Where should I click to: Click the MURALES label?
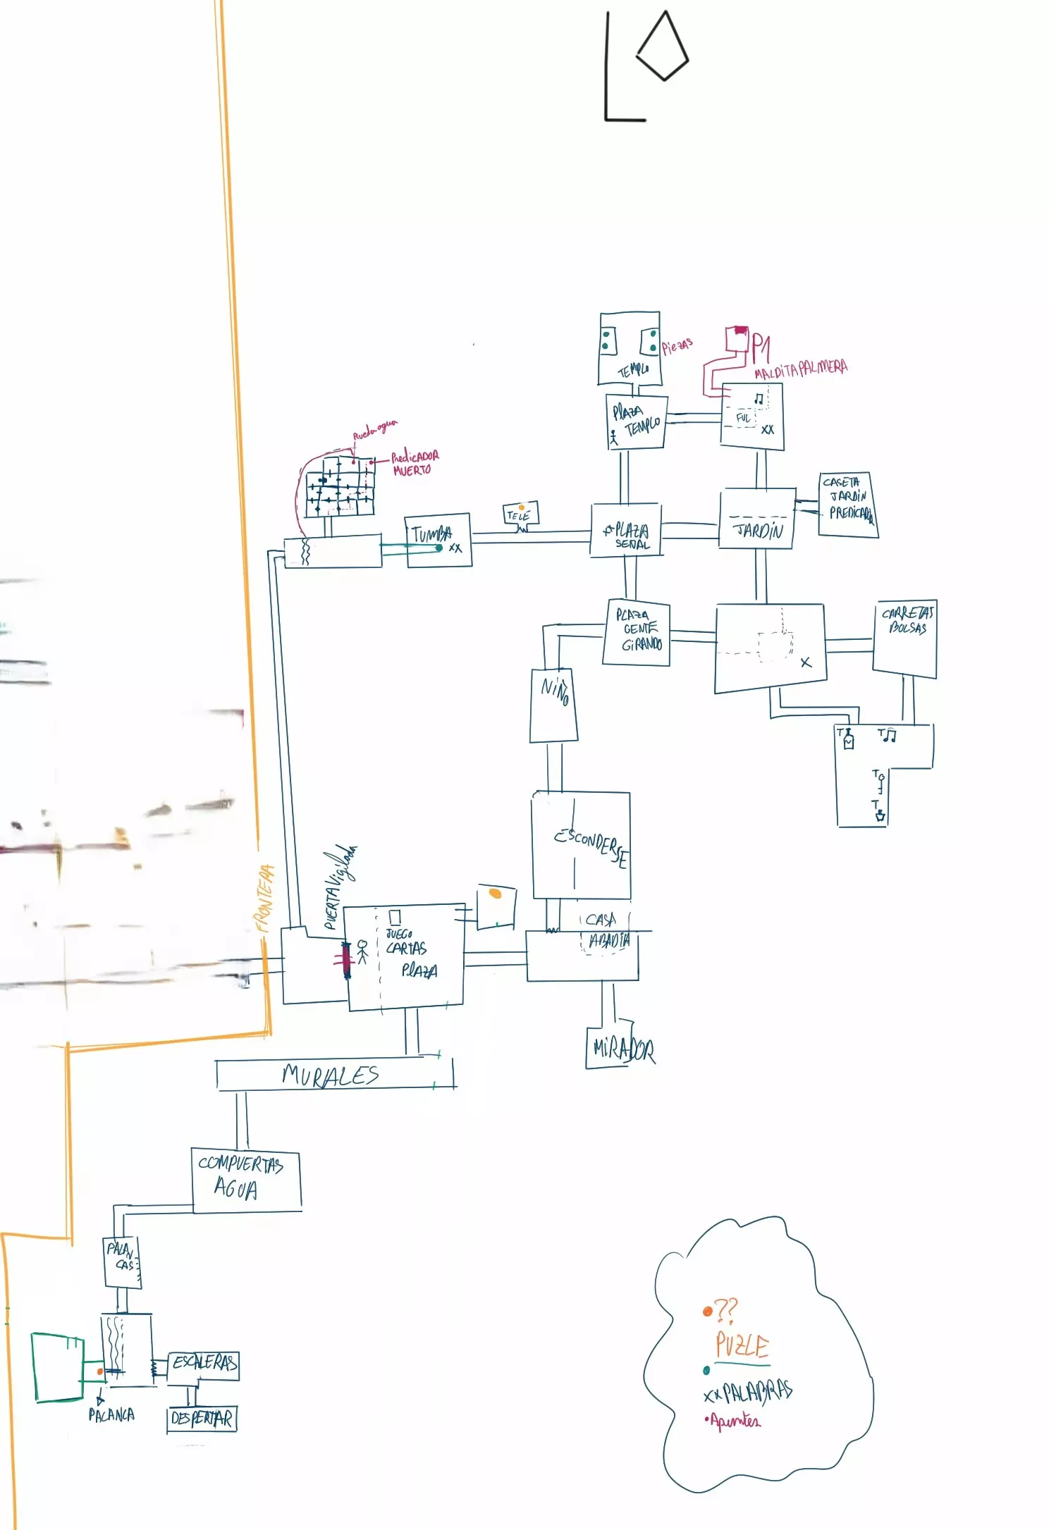coord(330,1075)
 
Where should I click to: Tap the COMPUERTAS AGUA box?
coord(245,1180)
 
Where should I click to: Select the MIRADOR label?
coord(623,1050)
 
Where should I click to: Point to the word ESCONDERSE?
coord(591,845)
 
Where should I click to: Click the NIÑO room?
coord(554,705)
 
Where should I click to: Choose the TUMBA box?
coord(438,540)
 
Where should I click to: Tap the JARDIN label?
coord(759,530)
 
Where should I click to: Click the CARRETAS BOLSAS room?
coord(906,637)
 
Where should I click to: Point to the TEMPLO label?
coord(632,369)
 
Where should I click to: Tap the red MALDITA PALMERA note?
coord(800,368)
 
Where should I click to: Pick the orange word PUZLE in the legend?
coord(742,1345)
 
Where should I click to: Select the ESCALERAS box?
coord(204,1363)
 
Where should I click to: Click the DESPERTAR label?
coord(202,1418)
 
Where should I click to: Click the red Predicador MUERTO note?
coord(414,463)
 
